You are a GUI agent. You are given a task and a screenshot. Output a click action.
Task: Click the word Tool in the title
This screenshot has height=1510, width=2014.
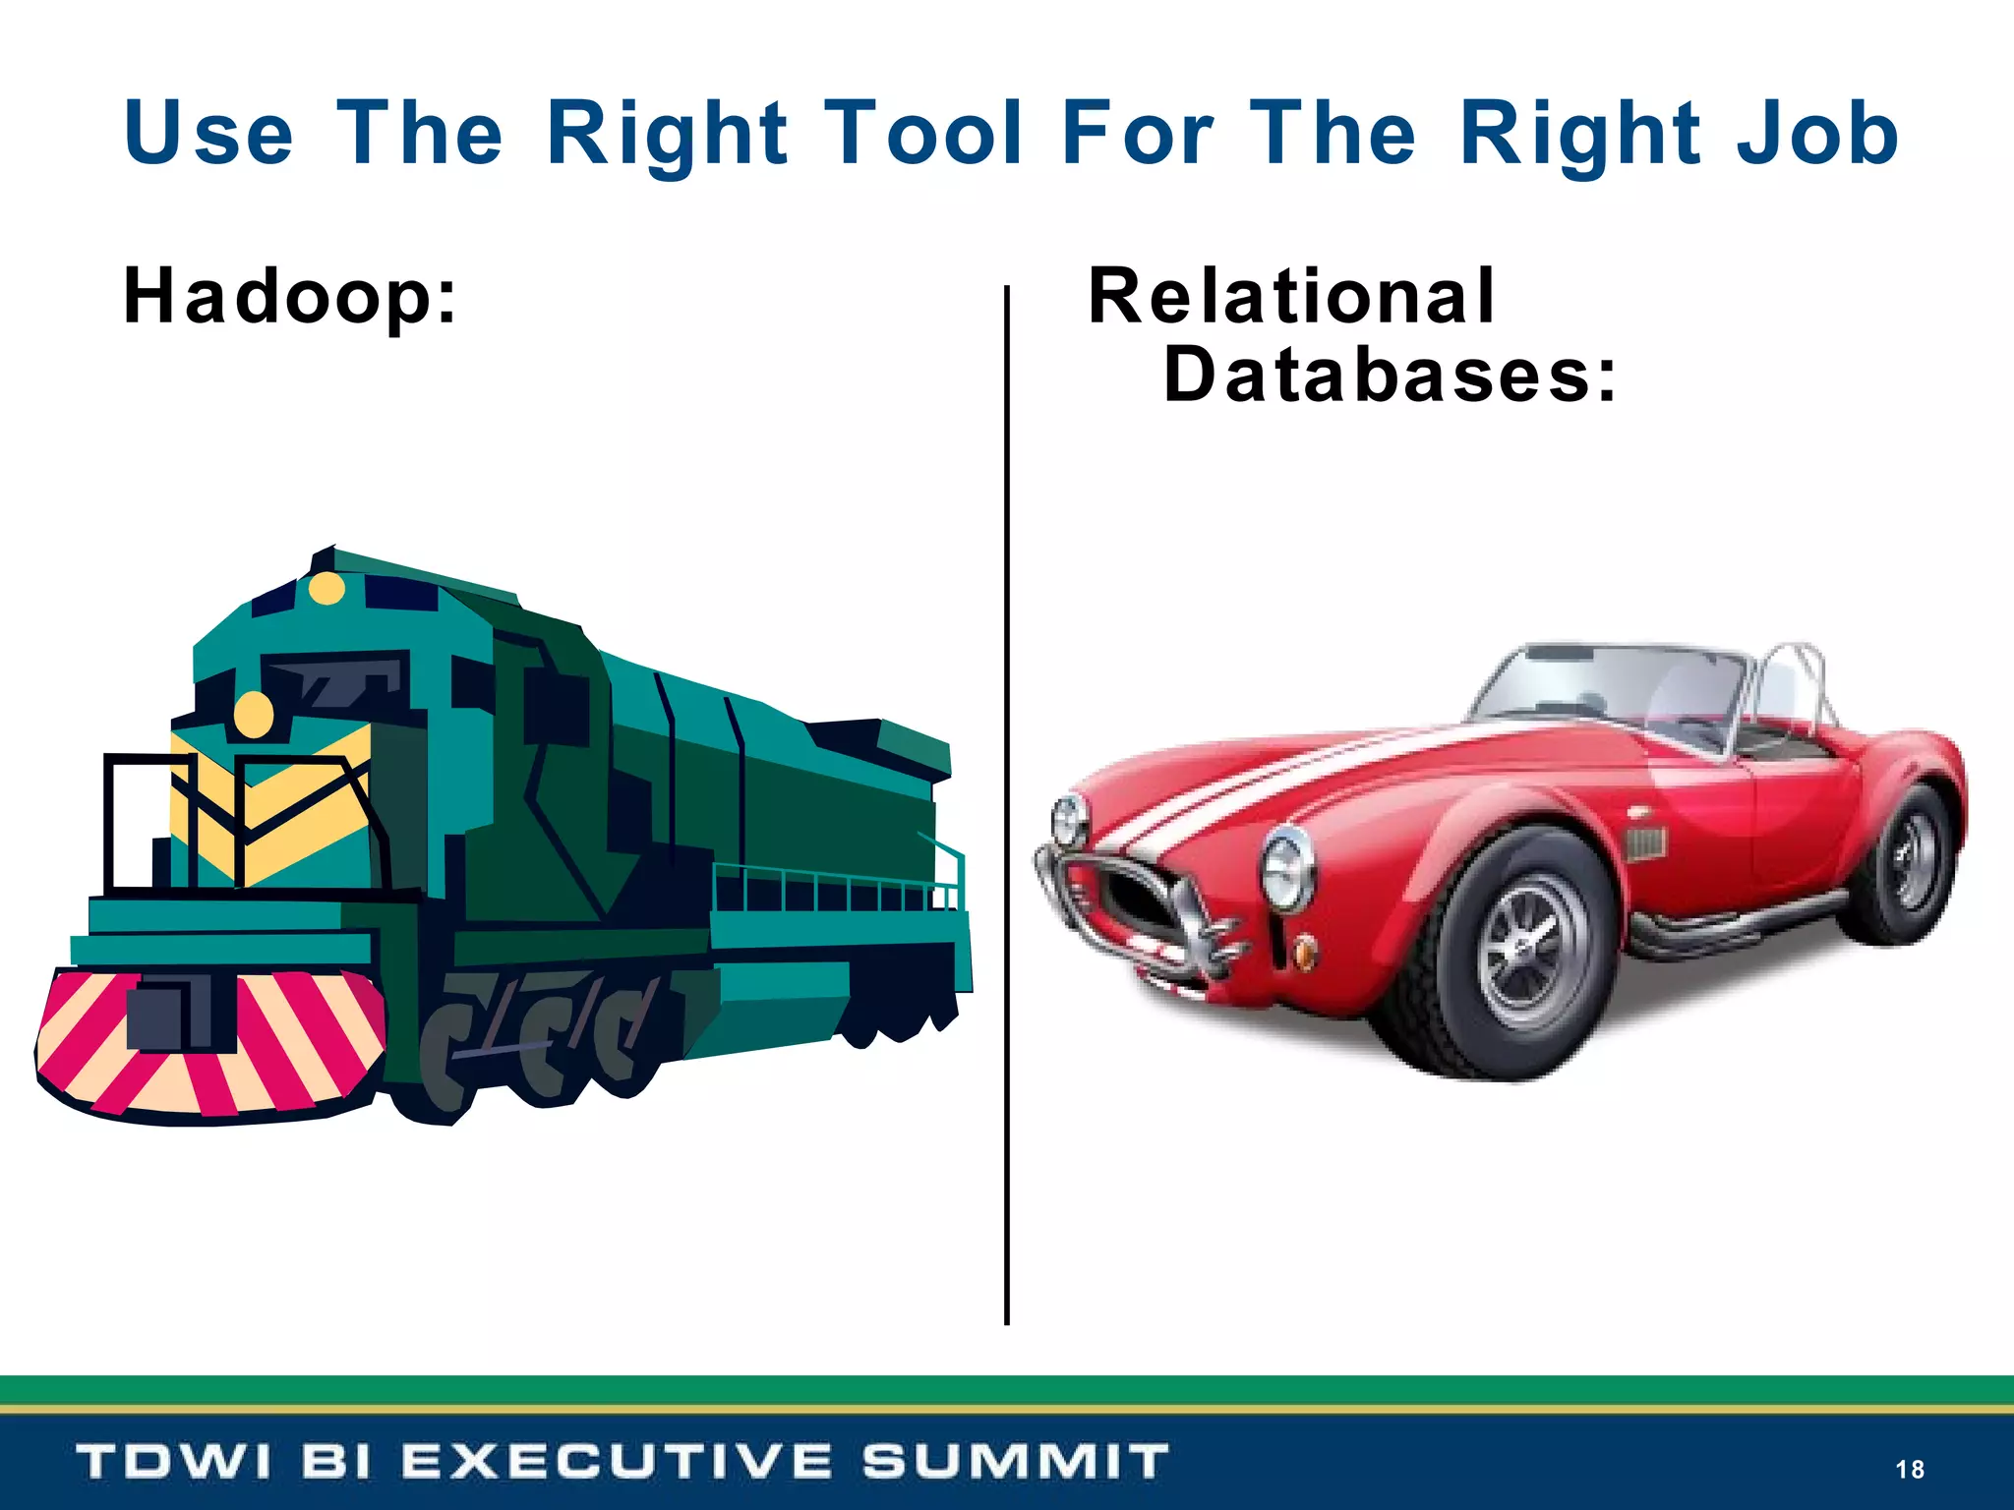click(924, 134)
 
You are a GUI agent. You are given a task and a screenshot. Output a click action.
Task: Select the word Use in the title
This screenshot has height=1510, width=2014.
click(208, 134)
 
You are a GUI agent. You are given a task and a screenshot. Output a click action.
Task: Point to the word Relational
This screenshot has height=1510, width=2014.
click(1291, 296)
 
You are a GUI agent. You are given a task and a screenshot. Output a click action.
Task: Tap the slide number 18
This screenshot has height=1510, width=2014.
click(1909, 1469)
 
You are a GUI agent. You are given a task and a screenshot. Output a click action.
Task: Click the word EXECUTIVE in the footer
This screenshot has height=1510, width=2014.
click(618, 1461)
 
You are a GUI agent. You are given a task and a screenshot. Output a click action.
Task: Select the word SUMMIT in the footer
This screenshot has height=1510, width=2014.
click(1015, 1461)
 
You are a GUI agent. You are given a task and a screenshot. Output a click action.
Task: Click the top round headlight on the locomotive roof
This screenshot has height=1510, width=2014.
click(326, 589)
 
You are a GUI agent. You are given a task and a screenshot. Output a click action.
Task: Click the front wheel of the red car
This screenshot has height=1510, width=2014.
click(1527, 953)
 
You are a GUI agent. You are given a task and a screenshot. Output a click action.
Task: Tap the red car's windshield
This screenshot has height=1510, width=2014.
click(1613, 688)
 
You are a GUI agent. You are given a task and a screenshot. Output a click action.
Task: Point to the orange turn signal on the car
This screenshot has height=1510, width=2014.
click(1304, 952)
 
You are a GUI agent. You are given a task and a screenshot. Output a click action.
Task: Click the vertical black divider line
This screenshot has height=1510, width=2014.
click(1006, 806)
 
